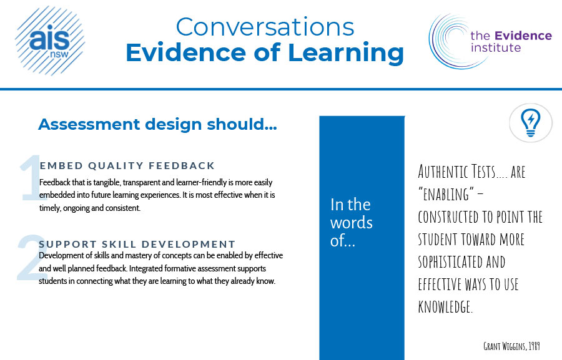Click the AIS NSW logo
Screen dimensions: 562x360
coord(50,41)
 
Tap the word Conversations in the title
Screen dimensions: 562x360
coord(265,27)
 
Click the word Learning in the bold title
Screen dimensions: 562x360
coord(346,53)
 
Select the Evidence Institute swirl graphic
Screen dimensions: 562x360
coord(452,41)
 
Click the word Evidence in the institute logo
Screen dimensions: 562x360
coord(523,36)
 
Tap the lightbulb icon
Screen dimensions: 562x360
coord(530,123)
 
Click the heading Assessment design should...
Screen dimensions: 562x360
coord(157,124)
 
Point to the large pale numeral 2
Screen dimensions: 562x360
coord(32,257)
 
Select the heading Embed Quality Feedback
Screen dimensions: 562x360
coord(127,165)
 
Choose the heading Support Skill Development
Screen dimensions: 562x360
coord(137,245)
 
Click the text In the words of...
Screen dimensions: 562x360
coord(351,223)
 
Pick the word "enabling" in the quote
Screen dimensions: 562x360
coord(446,195)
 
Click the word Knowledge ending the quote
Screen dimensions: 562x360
coord(445,307)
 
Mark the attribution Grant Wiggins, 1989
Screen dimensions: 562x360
coord(511,346)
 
